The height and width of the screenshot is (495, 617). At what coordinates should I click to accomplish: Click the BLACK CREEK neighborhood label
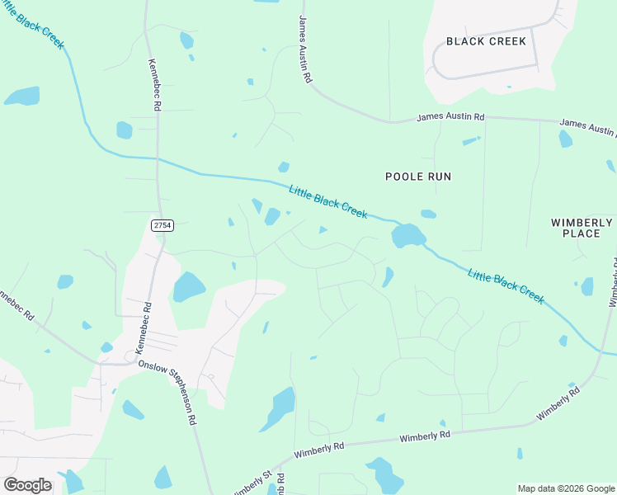(486, 41)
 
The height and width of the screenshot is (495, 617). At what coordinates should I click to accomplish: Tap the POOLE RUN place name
(419, 177)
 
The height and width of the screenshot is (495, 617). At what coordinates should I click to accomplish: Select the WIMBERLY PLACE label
(582, 228)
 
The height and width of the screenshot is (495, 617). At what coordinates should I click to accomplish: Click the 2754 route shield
(162, 225)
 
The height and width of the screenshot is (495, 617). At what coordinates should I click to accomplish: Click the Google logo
(27, 485)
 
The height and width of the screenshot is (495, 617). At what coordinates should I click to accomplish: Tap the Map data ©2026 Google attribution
(566, 488)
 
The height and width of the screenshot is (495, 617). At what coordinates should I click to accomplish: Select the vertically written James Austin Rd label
(305, 49)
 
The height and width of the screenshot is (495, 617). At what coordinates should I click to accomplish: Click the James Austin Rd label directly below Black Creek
(450, 118)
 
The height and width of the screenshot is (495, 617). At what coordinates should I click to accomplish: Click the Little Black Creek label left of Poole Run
(327, 201)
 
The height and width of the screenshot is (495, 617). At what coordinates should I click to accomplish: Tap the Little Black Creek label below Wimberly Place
(506, 285)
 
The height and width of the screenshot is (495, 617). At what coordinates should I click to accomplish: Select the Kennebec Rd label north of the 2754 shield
(154, 84)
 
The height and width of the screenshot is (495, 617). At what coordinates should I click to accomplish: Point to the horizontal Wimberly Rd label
(425, 436)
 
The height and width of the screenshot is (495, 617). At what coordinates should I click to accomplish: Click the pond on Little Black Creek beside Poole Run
(407, 235)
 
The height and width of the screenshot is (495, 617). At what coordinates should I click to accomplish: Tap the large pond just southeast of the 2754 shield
(188, 287)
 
